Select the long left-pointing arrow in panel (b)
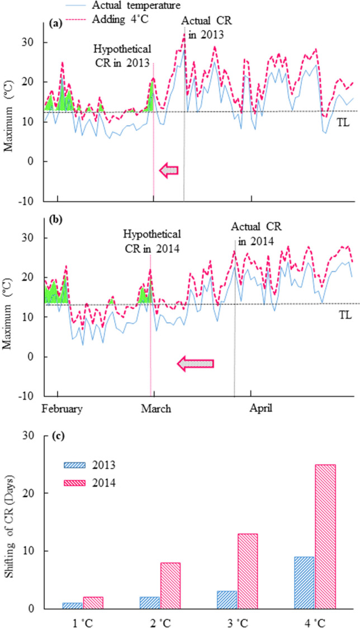(x=196, y=364)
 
